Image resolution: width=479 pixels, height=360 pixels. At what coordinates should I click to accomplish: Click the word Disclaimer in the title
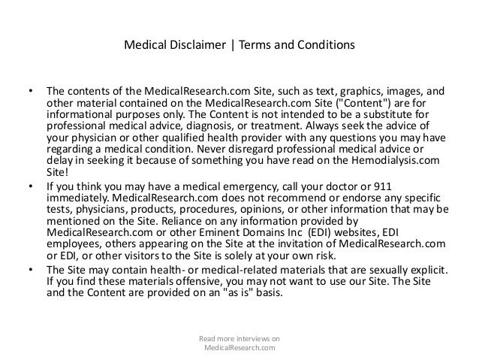click(194, 44)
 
